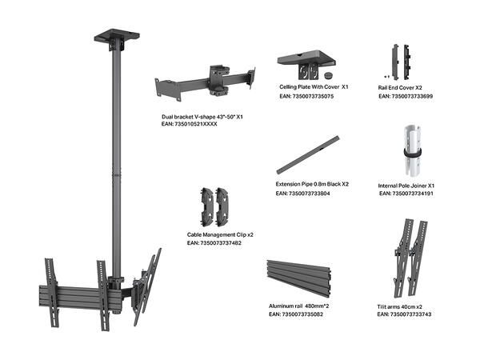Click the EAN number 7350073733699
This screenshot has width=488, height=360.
(x=405, y=97)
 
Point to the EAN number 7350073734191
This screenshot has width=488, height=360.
(x=406, y=194)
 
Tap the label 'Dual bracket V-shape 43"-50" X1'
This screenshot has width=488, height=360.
(x=202, y=117)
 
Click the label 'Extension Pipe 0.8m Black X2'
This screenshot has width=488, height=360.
(x=312, y=184)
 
